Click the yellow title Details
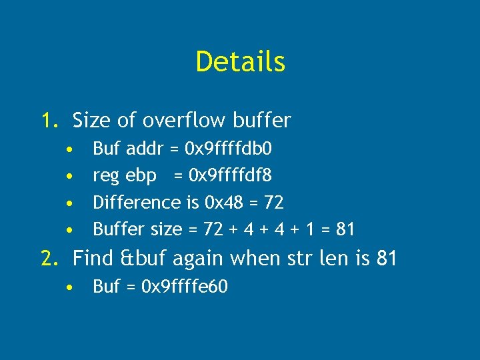(x=240, y=61)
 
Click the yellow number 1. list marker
(x=51, y=121)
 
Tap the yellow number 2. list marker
(x=51, y=257)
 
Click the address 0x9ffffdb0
(x=227, y=147)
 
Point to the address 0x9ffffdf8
(x=231, y=175)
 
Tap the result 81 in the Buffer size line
(x=345, y=229)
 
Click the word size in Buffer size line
(x=167, y=229)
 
